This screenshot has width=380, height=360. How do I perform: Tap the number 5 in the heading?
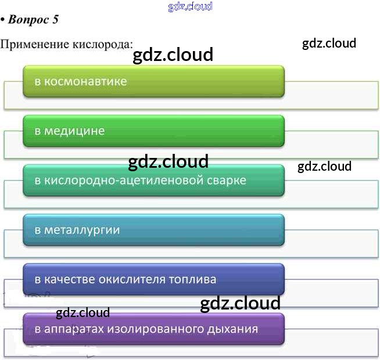pyautogui.click(x=56, y=19)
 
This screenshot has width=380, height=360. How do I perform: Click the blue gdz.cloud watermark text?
pyautogui.click(x=190, y=6)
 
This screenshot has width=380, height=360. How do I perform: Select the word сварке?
pyautogui.click(x=227, y=181)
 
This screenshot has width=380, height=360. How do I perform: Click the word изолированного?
pyautogui.click(x=157, y=329)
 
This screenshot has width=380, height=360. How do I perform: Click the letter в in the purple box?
pyautogui.click(x=38, y=329)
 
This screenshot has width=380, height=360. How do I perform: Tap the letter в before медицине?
pyautogui.click(x=38, y=131)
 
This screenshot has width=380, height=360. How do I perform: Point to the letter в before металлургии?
pyautogui.click(x=38, y=230)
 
